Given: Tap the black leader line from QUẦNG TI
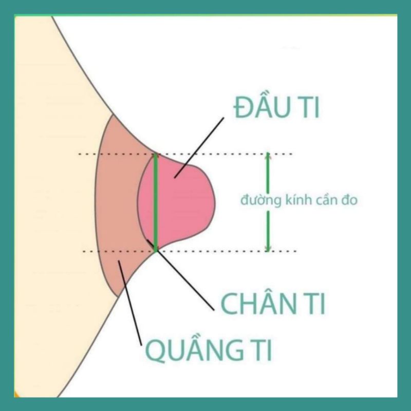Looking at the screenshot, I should click(131, 303).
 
